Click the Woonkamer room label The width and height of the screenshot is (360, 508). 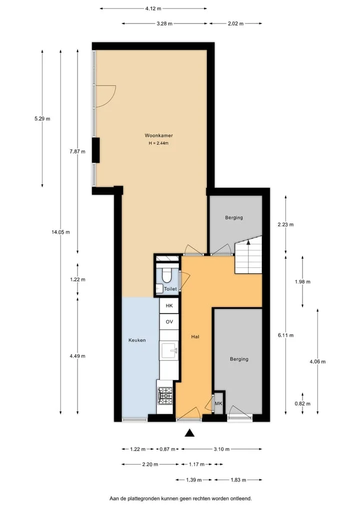[158, 135]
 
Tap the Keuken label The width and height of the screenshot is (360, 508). [137, 340]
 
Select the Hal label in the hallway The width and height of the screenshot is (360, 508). [195, 337]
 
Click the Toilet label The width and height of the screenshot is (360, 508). [170, 289]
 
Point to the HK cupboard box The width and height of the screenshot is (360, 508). [169, 306]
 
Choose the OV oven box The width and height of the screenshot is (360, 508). [169, 322]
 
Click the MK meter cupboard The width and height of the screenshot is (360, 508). [218, 404]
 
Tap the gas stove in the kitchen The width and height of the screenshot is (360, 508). [165, 396]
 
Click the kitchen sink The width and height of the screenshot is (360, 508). [169, 350]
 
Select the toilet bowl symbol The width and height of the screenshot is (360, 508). [167, 275]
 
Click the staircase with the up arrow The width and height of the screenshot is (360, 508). [248, 255]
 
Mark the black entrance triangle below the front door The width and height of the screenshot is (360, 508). [189, 433]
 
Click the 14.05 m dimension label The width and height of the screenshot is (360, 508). [60, 232]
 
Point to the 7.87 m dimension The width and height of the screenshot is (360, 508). [77, 151]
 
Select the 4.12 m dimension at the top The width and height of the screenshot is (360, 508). [153, 8]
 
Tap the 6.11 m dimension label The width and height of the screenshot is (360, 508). [285, 335]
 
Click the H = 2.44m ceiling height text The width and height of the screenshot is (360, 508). [158, 143]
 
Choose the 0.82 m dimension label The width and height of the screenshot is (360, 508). [302, 404]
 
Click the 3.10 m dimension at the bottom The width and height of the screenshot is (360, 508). [221, 449]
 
